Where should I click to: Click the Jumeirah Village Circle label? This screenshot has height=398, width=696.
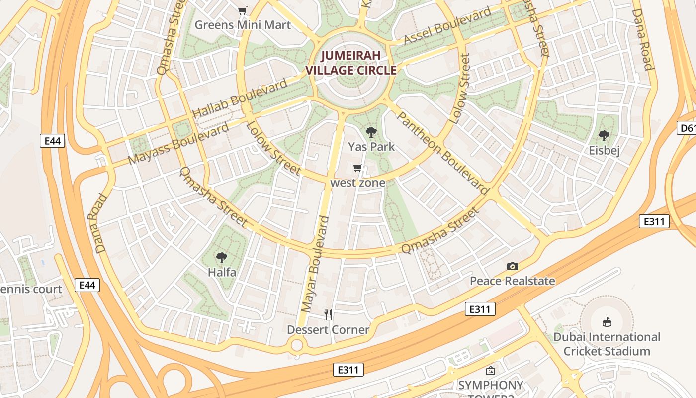[351, 63]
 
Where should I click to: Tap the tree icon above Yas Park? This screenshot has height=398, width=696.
[371, 132]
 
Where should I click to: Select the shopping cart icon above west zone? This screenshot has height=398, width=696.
[357, 168]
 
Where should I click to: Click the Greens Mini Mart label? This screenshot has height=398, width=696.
[243, 24]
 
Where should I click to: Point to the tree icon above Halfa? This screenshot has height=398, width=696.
[222, 258]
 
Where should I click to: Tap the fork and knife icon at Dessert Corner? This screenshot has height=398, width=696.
[328, 314]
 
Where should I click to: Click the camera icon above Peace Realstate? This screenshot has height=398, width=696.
[513, 267]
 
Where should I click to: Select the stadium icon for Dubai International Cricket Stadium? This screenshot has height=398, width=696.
[607, 322]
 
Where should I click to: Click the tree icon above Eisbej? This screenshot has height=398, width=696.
[604, 135]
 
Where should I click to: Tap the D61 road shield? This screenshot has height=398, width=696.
[687, 128]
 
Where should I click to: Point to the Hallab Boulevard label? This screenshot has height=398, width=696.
[240, 98]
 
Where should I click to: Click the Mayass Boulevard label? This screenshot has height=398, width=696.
[179, 143]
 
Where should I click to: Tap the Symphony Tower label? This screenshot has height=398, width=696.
[491, 386]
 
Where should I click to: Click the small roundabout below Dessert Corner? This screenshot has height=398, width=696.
[297, 344]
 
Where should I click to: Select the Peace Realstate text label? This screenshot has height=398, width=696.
[513, 281]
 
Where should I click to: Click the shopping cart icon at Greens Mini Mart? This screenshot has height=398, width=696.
[243, 10]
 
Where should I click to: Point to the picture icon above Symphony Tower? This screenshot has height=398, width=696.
[491, 371]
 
